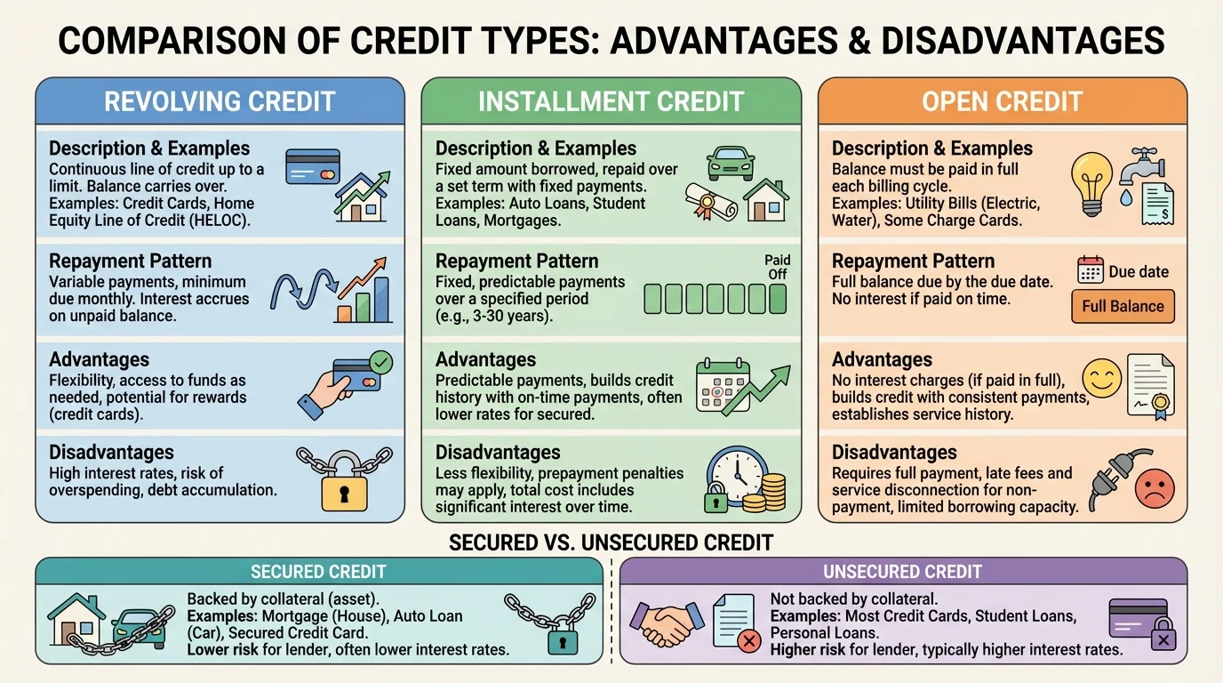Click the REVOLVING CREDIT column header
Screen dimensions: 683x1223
click(x=220, y=101)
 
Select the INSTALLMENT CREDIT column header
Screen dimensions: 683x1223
click(x=611, y=101)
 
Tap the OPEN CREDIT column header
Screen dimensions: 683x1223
click(x=1002, y=101)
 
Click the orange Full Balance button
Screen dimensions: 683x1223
click(x=1123, y=306)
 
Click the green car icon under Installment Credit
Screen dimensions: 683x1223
click(x=731, y=163)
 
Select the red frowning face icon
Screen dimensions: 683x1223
click(x=1155, y=488)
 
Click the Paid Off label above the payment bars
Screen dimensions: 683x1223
click(x=778, y=267)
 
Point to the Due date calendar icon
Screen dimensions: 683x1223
click(x=1090, y=270)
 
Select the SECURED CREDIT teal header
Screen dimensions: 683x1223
click(x=318, y=572)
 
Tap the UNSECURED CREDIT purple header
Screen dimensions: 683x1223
click(x=902, y=572)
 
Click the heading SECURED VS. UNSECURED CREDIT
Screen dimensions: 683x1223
click(x=611, y=542)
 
